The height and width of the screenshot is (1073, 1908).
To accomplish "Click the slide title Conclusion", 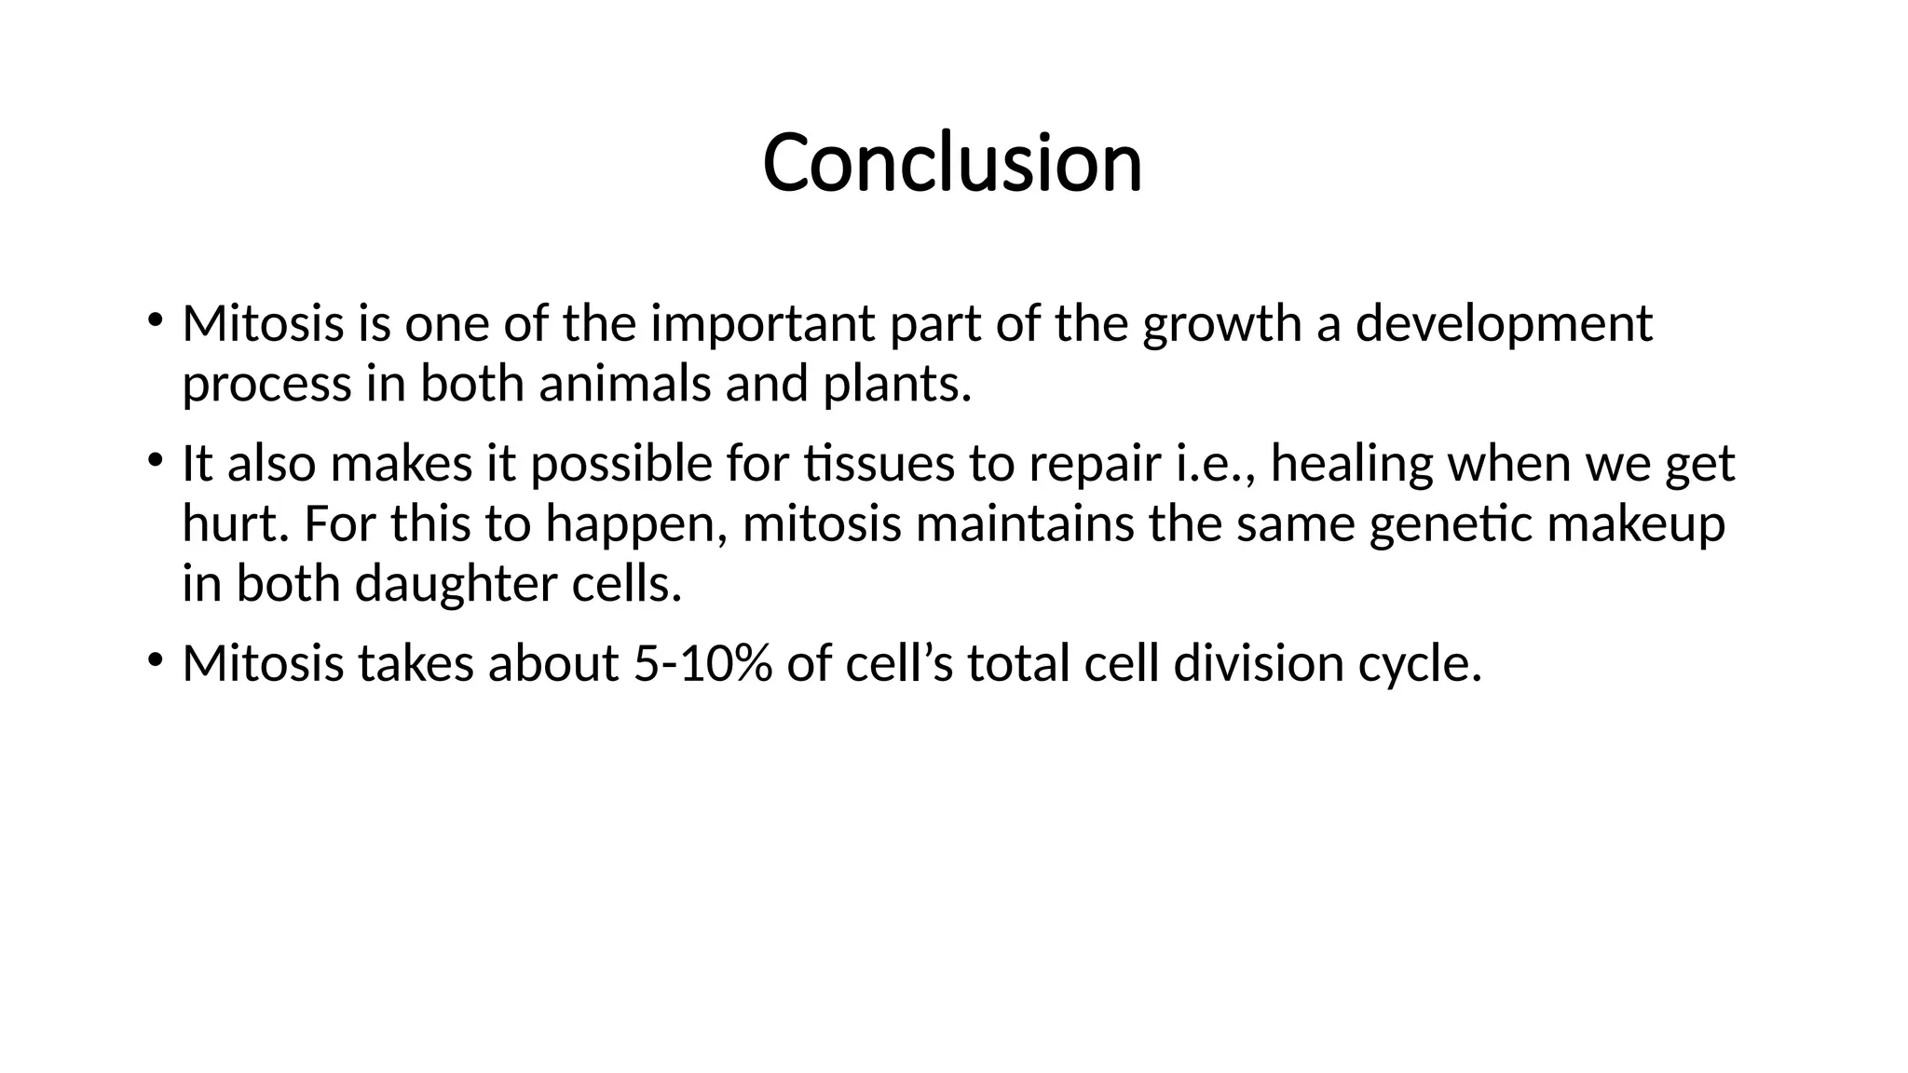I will pyautogui.click(x=952, y=163).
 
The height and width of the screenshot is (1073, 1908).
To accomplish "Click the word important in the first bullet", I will pyautogui.click(x=762, y=324).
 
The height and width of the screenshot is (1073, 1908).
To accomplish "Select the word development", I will pyautogui.click(x=1503, y=324).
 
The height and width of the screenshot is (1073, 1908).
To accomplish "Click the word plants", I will pyautogui.click(x=896, y=384).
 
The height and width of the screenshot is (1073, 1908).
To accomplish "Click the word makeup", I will pyautogui.click(x=1636, y=523).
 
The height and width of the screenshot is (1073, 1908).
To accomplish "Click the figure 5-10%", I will pyautogui.click(x=702, y=664).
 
